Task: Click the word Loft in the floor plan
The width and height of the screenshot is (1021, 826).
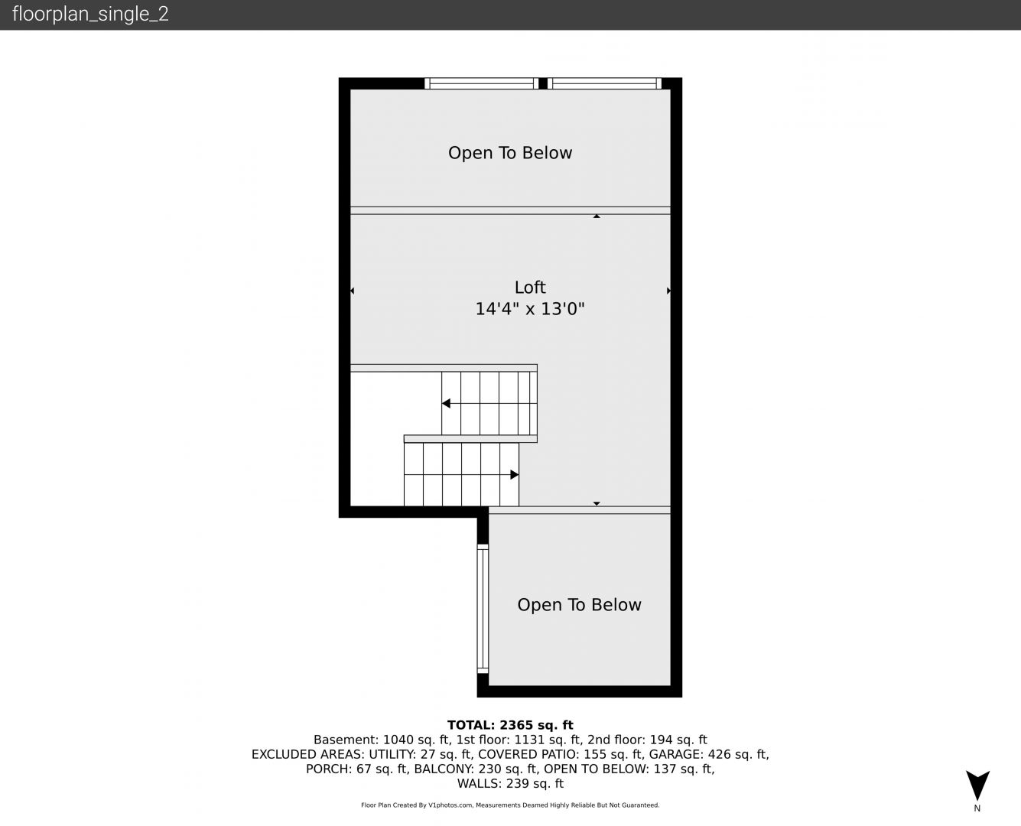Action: (x=530, y=287)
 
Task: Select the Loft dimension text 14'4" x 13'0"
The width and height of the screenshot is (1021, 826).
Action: (x=530, y=309)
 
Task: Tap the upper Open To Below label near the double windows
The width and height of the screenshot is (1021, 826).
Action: (x=510, y=153)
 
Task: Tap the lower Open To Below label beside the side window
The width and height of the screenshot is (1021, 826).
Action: (x=579, y=605)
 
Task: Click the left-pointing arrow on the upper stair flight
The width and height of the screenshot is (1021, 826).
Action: (x=447, y=404)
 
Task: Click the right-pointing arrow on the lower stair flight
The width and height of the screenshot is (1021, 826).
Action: (x=515, y=475)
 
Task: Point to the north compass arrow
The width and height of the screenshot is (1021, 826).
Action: (x=977, y=785)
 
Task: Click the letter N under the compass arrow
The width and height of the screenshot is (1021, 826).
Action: (x=977, y=808)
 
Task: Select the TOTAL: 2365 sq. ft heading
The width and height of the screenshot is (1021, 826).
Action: (x=510, y=725)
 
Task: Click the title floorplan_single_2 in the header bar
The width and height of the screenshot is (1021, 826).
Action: (x=90, y=14)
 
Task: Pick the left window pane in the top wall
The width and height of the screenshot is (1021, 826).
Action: (x=481, y=83)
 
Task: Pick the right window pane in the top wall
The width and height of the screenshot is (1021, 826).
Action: (x=604, y=83)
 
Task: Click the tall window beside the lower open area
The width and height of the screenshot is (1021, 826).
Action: (x=483, y=609)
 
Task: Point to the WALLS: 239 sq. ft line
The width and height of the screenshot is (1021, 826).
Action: (x=510, y=784)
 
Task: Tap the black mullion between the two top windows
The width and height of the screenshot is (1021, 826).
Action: (x=543, y=83)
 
